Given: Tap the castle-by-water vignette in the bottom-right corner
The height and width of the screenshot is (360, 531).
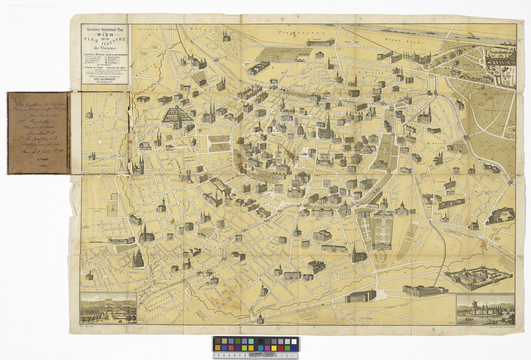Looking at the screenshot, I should [x=485, y=310].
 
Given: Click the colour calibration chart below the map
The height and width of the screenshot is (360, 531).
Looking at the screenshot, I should [x=256, y=344].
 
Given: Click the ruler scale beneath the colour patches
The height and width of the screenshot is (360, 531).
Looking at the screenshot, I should [x=256, y=354].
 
